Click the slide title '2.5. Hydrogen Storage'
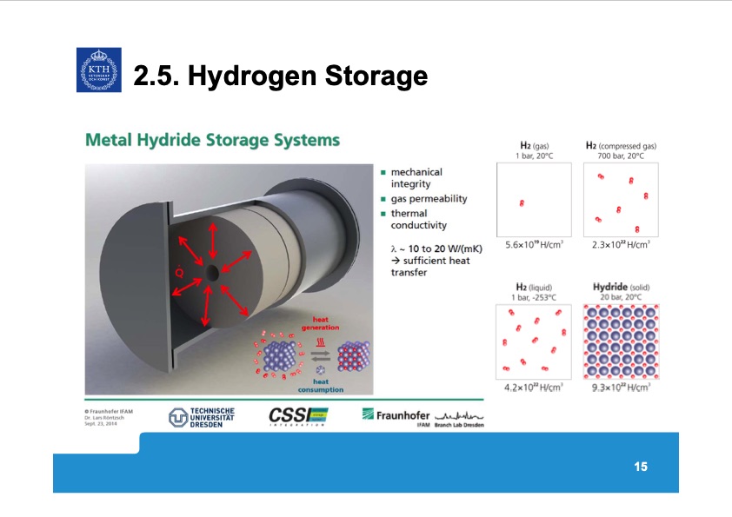280,77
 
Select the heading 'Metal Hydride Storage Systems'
211,140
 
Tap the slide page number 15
641,467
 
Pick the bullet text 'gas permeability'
429,198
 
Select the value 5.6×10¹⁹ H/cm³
535,245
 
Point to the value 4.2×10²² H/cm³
535,388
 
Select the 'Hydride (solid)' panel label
622,287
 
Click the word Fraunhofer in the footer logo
399,415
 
